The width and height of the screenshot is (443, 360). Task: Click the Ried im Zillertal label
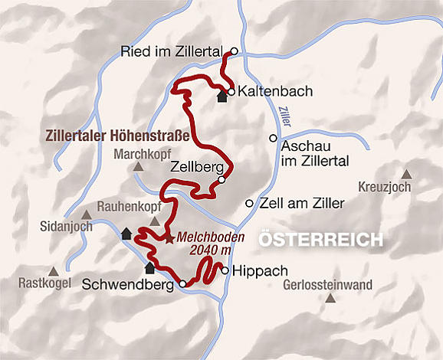[175, 52]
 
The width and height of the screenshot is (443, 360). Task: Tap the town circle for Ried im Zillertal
[235, 51]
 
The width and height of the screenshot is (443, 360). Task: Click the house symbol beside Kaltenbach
[222, 97]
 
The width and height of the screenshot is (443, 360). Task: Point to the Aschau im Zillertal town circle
[272, 138]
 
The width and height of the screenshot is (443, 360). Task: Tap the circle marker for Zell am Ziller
[248, 203]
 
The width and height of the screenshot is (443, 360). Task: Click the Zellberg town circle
[221, 180]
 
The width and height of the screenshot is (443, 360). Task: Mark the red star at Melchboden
[169, 238]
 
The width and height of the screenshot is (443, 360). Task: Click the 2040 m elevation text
[215, 251]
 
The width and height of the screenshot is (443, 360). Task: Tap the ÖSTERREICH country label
[320, 240]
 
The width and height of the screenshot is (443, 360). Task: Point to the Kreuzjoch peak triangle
[405, 173]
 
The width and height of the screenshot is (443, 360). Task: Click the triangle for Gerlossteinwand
[330, 297]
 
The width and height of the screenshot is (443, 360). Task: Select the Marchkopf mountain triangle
[138, 166]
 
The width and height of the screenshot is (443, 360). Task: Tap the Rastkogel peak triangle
[54, 271]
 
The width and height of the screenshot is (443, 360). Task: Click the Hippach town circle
[224, 270]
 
